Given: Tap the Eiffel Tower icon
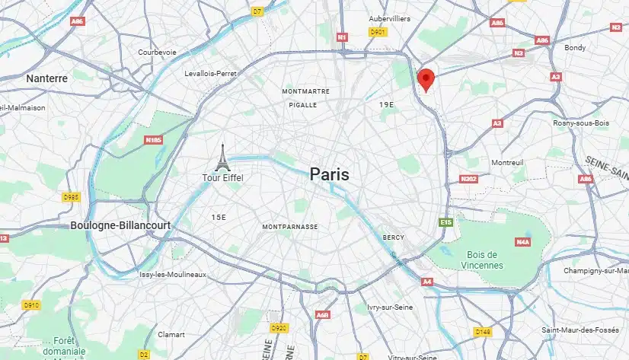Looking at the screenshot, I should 222,158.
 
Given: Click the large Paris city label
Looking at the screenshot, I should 330,174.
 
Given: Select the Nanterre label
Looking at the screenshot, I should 46,78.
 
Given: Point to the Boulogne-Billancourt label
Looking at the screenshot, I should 120,226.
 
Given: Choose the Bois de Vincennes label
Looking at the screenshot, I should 482,260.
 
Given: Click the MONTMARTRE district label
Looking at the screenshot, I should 305,91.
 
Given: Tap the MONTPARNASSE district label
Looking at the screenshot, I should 290,227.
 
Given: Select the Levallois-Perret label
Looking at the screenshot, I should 211,74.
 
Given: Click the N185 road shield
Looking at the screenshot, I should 155,140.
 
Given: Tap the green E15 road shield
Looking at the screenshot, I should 446,222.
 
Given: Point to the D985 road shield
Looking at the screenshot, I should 72,197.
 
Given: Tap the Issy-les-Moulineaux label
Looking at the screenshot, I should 173,274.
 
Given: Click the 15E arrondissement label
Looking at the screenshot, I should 219,218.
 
